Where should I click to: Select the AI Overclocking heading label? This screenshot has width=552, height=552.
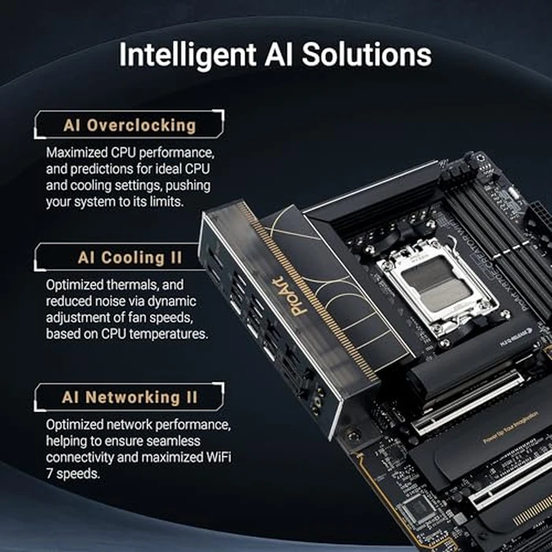click(x=129, y=125)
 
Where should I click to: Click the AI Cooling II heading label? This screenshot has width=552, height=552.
click(x=129, y=258)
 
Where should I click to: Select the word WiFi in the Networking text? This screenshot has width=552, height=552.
click(x=223, y=457)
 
